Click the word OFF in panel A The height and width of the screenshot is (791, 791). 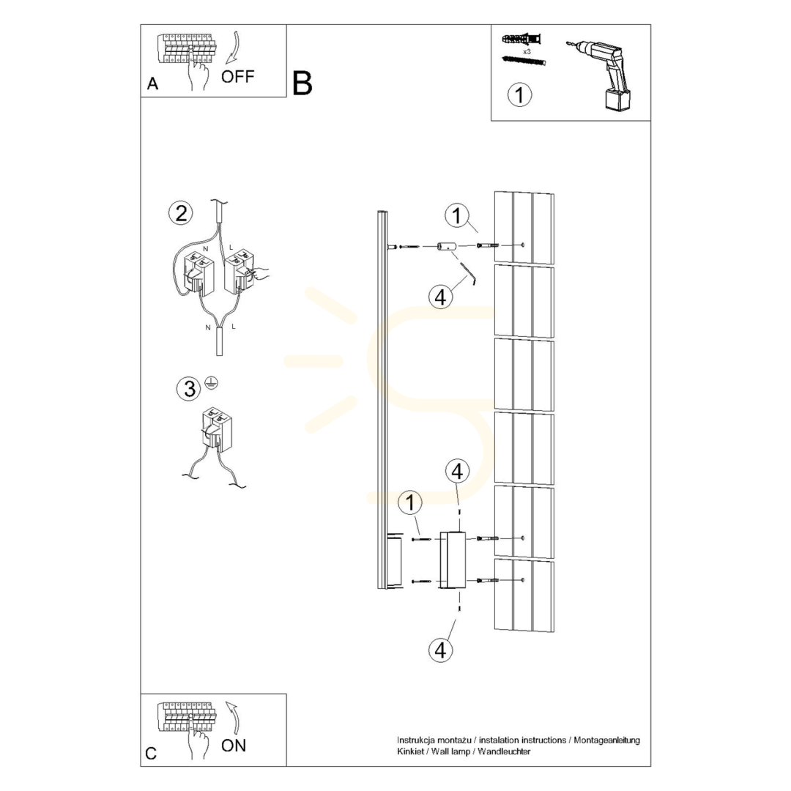237,77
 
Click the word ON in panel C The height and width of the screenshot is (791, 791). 234,746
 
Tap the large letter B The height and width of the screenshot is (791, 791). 302,83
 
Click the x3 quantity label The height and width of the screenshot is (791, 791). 527,51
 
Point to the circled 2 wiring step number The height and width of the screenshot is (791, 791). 181,213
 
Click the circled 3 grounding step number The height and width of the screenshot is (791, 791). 189,389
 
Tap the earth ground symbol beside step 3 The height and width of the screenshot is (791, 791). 212,383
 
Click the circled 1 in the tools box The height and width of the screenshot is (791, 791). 519,94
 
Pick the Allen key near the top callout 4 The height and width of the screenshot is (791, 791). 469,273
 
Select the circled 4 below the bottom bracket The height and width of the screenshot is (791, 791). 440,650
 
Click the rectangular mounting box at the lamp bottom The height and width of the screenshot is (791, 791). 453,560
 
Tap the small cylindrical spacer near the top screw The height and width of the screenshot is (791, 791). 446,247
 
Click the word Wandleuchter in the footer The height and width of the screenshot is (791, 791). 504,751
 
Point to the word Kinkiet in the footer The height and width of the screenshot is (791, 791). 411,751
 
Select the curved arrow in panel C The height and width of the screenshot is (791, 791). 234,717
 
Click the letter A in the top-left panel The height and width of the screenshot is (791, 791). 152,83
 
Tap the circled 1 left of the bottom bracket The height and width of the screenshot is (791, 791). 410,502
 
